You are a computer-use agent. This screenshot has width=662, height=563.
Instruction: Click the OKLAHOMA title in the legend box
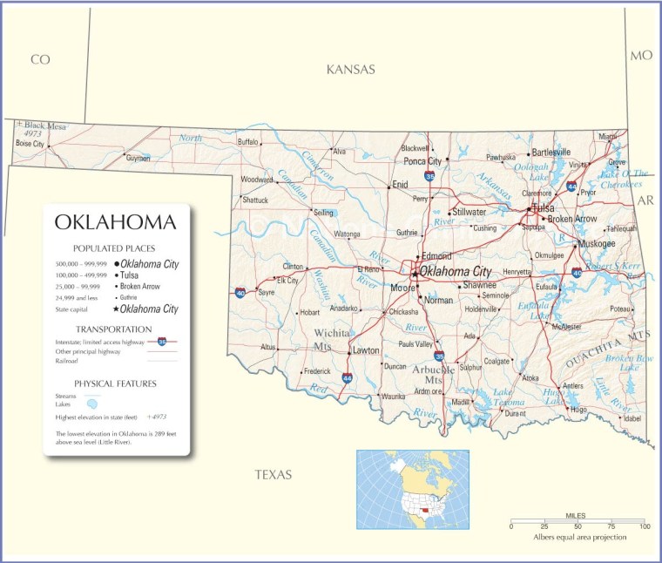115,222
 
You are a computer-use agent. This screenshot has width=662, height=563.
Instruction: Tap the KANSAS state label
350,70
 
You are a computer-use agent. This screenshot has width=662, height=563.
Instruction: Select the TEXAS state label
273,475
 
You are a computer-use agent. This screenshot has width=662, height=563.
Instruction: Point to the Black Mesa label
44,125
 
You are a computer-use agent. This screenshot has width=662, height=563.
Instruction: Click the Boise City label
30,144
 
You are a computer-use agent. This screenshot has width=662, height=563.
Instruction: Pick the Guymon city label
138,158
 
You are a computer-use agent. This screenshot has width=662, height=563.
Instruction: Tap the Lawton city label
366,350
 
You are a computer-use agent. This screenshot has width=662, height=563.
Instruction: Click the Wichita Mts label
333,339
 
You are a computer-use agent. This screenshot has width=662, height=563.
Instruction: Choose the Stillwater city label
469,212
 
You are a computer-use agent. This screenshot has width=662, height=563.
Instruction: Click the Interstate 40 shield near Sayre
240,293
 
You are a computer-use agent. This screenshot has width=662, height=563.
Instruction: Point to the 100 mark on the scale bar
644,526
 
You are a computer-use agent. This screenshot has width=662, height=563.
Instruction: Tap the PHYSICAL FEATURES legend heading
115,383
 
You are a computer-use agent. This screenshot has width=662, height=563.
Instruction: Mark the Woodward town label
257,180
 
